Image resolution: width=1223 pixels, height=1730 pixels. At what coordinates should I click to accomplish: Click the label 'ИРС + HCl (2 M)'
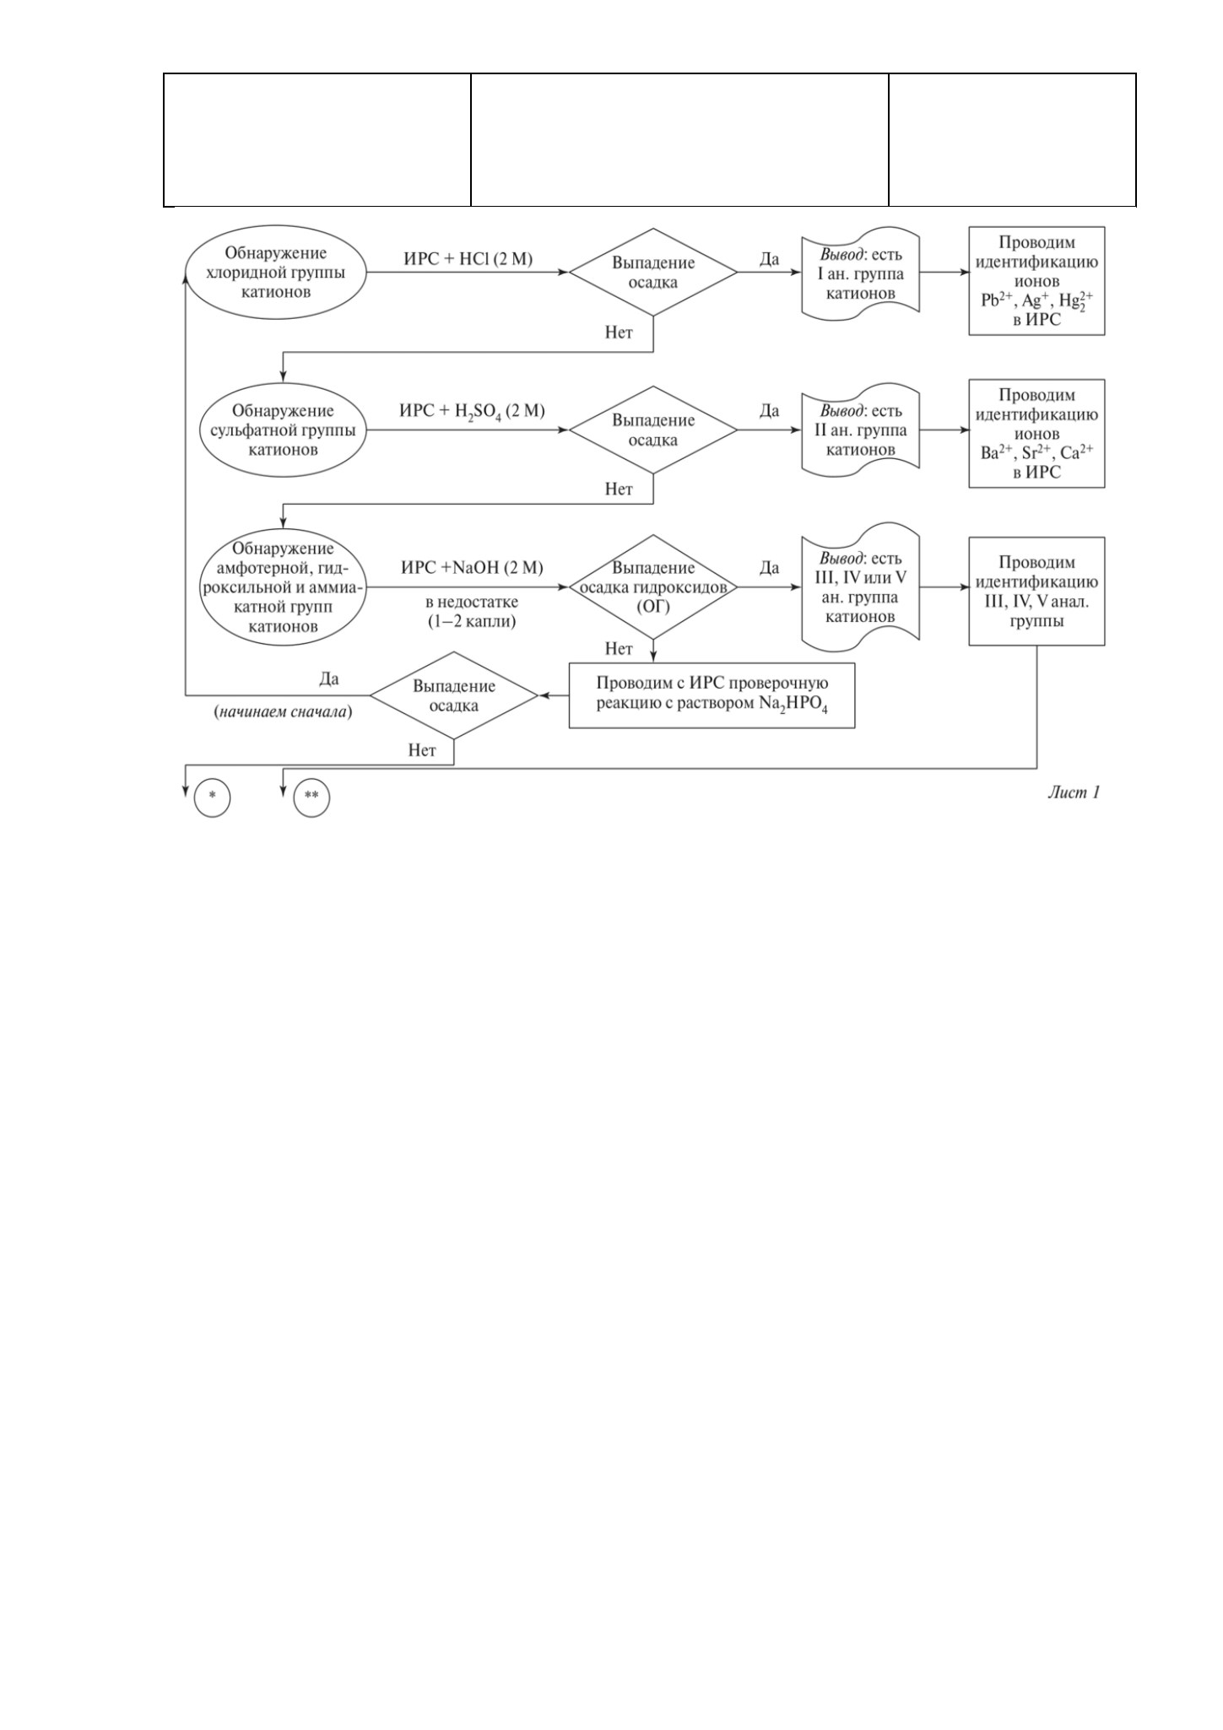(x=468, y=259)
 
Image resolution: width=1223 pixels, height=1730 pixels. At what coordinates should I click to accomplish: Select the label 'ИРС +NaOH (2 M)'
(x=472, y=567)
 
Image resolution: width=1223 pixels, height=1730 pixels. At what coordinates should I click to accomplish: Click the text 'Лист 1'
(x=1074, y=792)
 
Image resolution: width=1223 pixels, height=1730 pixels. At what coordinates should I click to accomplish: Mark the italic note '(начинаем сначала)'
(x=283, y=711)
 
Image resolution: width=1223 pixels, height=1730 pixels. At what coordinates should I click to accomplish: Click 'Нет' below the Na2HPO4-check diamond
(x=422, y=750)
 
